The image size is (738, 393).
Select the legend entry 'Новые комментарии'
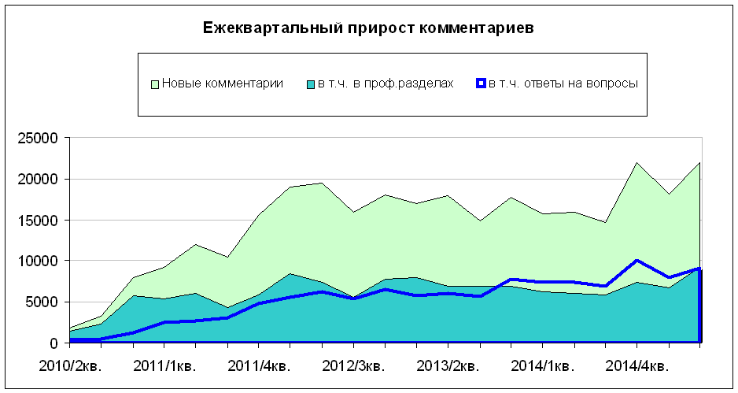(223, 83)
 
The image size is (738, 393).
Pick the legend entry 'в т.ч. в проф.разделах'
(386, 83)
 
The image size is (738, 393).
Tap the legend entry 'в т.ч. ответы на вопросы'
(562, 83)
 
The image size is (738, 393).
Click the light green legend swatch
(155, 83)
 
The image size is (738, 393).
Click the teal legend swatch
(311, 83)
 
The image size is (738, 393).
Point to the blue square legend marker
(481, 83)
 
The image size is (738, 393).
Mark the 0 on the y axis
(54, 343)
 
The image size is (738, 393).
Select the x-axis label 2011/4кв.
(259, 366)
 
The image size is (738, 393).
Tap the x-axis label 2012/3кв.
(353, 366)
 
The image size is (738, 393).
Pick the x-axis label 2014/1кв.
(542, 366)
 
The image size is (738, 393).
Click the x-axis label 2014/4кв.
(637, 366)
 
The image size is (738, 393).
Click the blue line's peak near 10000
(637, 260)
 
